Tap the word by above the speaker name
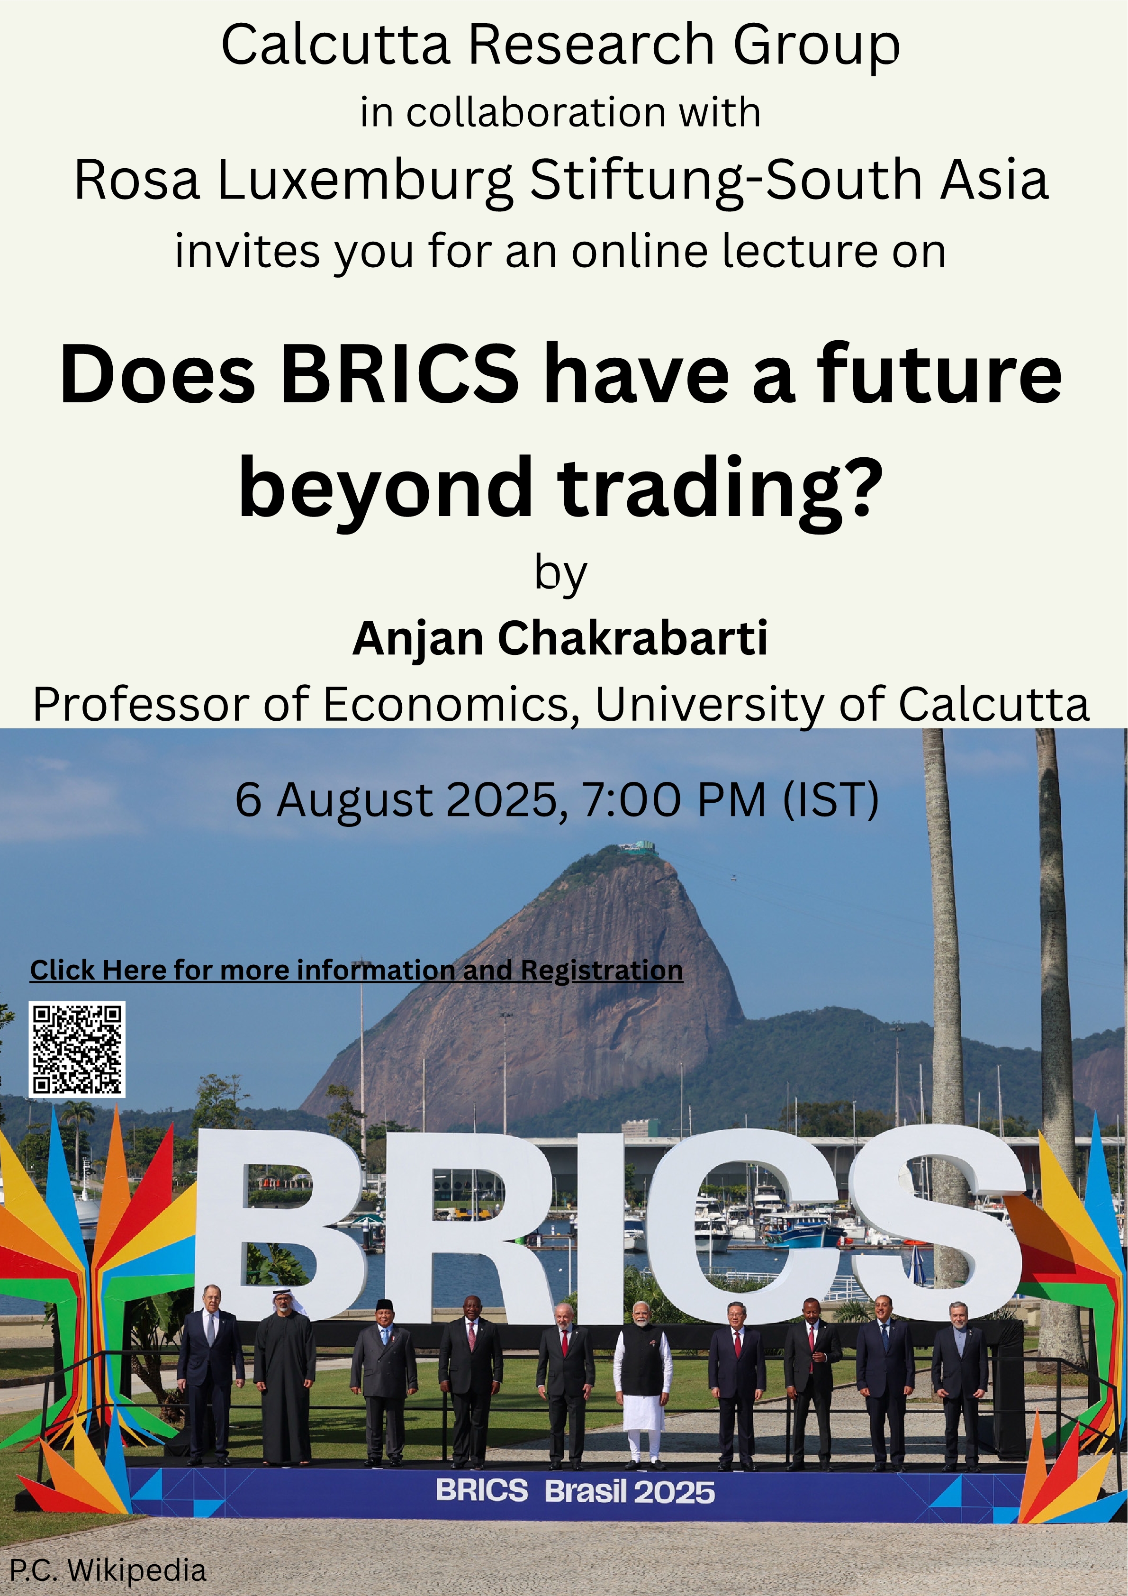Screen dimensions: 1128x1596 tap(561, 574)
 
